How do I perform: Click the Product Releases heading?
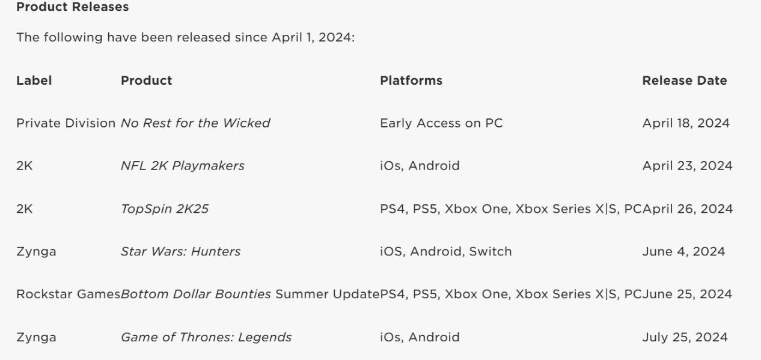[73, 7]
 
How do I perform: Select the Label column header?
[34, 81]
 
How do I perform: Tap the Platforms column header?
[411, 81]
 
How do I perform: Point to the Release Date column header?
[685, 81]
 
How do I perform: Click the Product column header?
[147, 81]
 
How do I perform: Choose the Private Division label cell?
[66, 123]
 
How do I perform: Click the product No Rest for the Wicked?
[195, 123]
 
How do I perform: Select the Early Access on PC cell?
[441, 123]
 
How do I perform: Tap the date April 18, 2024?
[686, 123]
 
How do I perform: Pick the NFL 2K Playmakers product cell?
[183, 166]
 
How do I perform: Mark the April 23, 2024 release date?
[687, 166]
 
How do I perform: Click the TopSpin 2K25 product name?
[165, 209]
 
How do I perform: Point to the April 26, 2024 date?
[688, 209]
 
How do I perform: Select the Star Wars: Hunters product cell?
[181, 251]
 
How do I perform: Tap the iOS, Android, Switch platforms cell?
[446, 252]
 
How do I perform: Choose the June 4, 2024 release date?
[683, 252]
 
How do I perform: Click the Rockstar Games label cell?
[69, 294]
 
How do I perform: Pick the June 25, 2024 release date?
[687, 294]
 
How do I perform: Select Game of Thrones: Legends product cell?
[206, 337]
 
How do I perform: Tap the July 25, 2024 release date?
[685, 337]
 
